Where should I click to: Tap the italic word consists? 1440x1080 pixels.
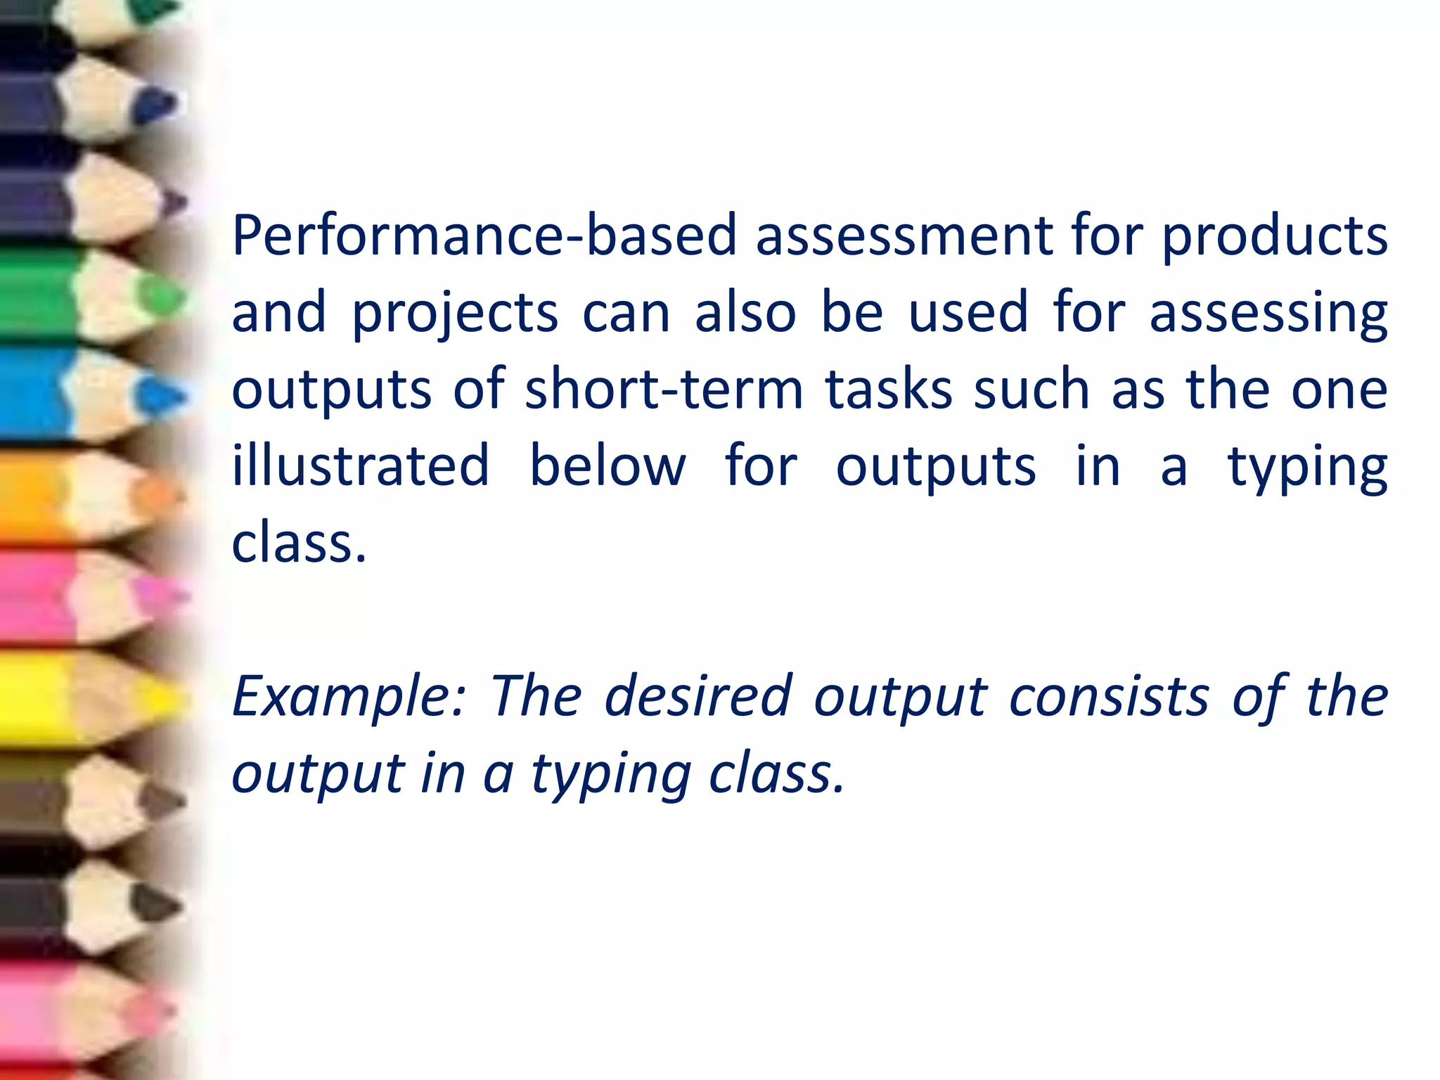pos(1109,696)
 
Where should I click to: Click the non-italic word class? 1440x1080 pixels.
pos(299,543)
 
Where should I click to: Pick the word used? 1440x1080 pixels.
pos(968,312)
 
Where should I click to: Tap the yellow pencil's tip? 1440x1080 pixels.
pos(169,697)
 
